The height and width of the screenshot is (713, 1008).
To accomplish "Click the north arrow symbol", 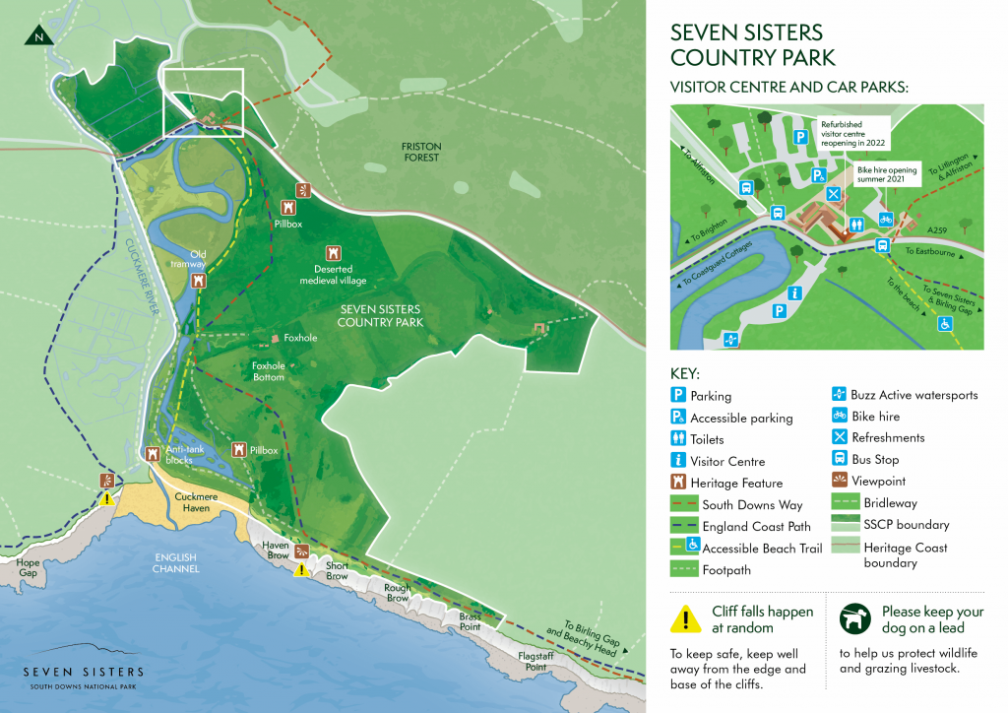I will tap(37, 35).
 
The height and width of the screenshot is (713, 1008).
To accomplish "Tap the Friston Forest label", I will tap(420, 152).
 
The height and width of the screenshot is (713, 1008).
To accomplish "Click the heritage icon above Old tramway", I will tap(200, 280).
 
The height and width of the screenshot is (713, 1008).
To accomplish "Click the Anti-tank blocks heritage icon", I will tap(153, 454).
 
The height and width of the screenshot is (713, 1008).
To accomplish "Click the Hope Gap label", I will tap(29, 568).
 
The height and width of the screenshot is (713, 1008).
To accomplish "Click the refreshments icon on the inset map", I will tap(834, 194).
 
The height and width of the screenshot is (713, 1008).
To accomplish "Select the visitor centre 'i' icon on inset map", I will tap(793, 293).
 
